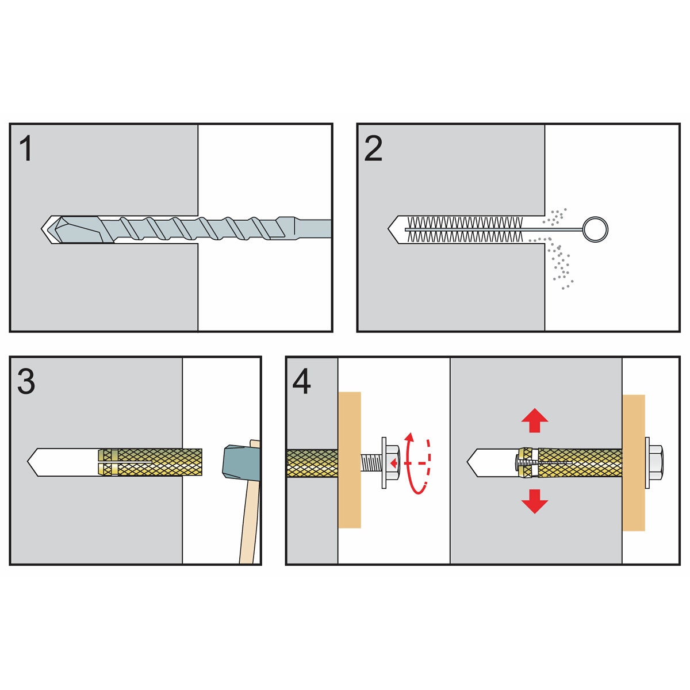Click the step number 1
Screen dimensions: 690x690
tap(26, 148)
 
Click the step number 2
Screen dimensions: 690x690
tap(373, 148)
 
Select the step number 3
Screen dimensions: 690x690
tap(26, 382)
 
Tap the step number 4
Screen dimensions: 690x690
tap(301, 382)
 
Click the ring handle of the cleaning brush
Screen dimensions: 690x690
tap(595, 229)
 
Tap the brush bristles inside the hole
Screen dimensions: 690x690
tap(465, 229)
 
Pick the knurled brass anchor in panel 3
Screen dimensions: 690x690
tap(150, 462)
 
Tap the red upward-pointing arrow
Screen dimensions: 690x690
tap(535, 420)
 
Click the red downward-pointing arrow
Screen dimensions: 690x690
tap(535, 501)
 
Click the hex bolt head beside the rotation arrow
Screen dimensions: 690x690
tap(393, 462)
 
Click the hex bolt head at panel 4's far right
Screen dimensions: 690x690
tap(656, 462)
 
